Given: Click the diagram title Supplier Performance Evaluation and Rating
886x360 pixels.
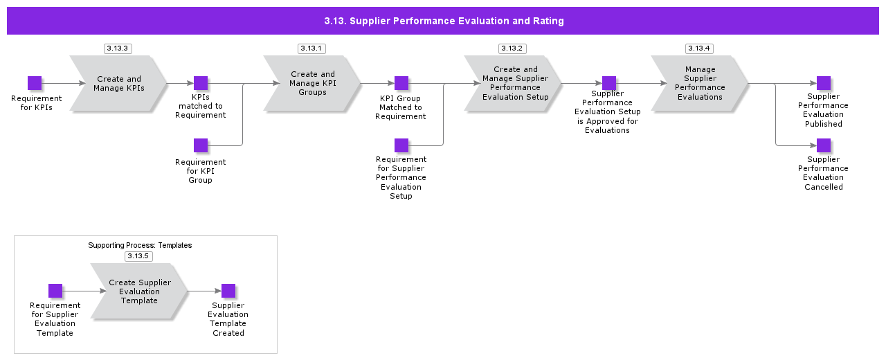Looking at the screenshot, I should (x=444, y=21).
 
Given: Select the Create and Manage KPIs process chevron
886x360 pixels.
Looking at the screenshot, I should (x=118, y=84).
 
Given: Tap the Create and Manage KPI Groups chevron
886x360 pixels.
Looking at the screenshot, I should (x=312, y=84).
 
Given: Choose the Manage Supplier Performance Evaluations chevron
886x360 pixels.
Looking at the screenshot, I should (x=700, y=84).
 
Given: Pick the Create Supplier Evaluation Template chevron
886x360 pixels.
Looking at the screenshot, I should (x=139, y=291).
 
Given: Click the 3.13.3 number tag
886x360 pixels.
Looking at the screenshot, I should (x=118, y=48).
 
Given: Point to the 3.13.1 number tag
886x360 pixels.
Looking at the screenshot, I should (x=311, y=48).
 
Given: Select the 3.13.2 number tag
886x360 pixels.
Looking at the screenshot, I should (x=512, y=48).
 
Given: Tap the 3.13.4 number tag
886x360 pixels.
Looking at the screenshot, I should (x=699, y=48).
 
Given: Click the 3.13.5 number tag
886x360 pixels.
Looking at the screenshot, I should (x=138, y=256).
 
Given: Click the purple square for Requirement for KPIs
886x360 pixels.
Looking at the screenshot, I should (x=35, y=83).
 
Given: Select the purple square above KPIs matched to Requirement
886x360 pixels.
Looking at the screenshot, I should (x=201, y=83).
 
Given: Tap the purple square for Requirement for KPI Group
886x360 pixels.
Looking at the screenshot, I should (x=201, y=145).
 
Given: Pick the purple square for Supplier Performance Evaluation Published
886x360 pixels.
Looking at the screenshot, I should (x=824, y=83).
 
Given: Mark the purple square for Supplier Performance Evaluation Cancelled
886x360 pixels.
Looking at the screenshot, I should (x=824, y=145).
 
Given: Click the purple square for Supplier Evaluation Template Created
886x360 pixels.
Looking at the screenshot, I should (x=228, y=291).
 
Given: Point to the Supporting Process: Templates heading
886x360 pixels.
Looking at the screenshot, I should (x=140, y=245).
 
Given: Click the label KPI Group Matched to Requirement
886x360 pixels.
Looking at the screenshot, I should (x=401, y=107).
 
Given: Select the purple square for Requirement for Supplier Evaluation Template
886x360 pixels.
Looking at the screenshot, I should (x=55, y=291).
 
